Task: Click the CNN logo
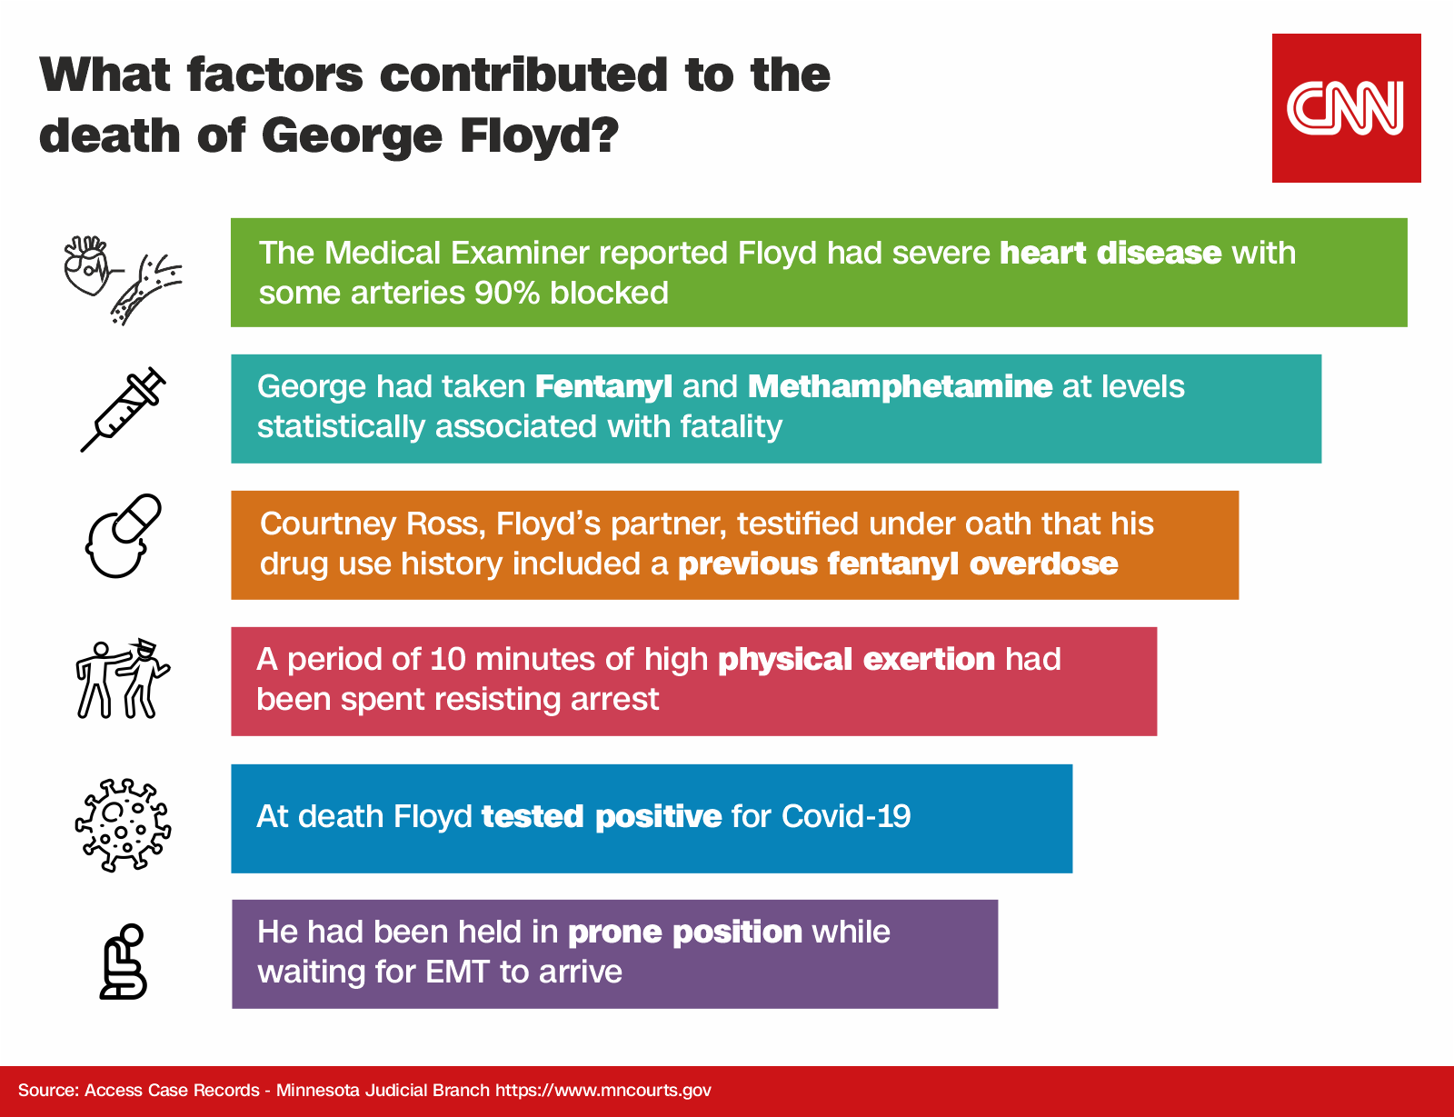point(1346,108)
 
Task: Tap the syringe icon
point(123,409)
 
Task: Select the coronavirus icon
point(123,824)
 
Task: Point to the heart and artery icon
point(123,280)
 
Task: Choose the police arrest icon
point(123,679)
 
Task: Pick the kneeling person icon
point(123,961)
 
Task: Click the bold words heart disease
point(1110,253)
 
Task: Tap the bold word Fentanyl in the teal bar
point(603,387)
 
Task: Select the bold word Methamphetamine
point(900,387)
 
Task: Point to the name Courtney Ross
point(373,524)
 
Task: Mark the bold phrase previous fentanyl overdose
point(898,563)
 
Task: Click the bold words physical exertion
point(856,660)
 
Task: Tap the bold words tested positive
point(602,816)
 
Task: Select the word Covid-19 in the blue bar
point(846,816)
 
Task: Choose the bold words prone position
point(685,932)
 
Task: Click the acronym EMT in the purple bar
point(457,972)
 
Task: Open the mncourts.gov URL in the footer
point(603,1091)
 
